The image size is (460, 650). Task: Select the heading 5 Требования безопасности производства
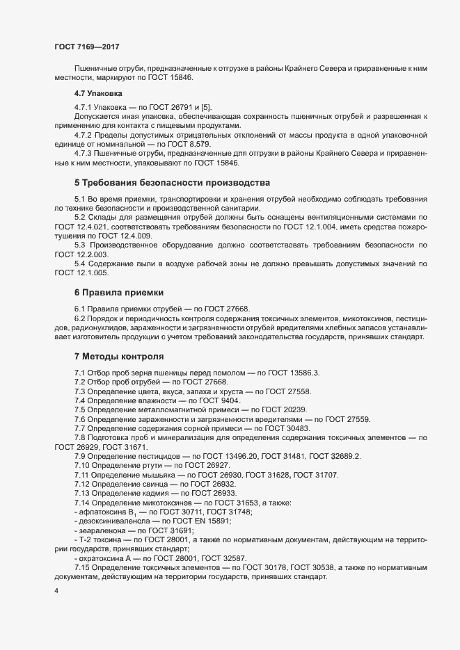[172, 184]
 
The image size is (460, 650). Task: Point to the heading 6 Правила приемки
[119, 292]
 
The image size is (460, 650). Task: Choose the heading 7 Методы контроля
[119, 357]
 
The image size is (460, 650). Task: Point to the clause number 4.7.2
[84, 133]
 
